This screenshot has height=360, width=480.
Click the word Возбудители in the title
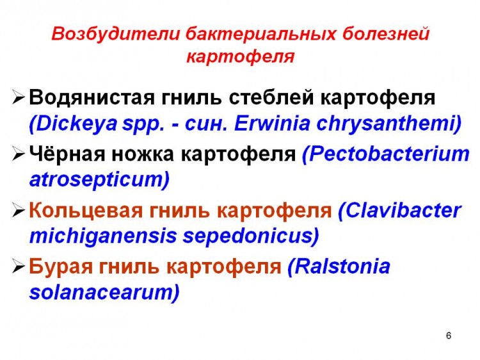[116, 34]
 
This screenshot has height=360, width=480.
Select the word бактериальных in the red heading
[261, 34]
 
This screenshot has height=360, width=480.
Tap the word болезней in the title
[386, 34]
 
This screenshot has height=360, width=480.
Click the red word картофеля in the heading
[240, 57]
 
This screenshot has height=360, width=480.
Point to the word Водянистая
[92, 97]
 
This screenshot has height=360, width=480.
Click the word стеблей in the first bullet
[271, 97]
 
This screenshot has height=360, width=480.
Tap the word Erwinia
[272, 123]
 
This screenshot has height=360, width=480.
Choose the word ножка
[142, 154]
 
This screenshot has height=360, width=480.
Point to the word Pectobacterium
[386, 154]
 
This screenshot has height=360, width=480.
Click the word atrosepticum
[99, 179]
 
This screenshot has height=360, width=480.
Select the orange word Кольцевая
[86, 211]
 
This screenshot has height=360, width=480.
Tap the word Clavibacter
[399, 211]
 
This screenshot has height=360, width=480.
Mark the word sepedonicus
[251, 236]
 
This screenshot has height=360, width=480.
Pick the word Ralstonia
[339, 266]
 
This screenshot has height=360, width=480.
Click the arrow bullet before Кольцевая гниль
[19, 211]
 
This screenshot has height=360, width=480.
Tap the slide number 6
[449, 336]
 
